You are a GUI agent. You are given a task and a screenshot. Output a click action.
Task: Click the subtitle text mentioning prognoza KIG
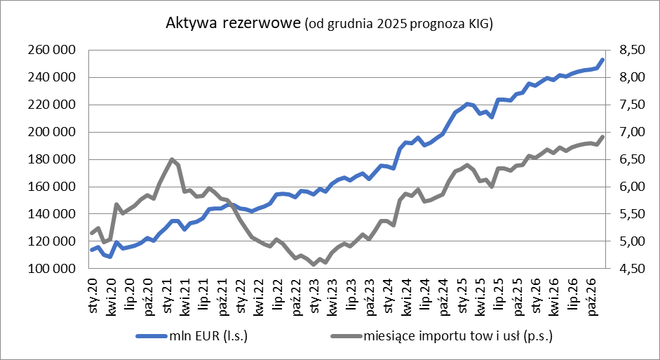click(398, 25)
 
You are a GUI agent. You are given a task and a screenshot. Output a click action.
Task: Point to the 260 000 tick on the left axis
click(53, 51)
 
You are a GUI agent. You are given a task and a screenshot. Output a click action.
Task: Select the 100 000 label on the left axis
click(53, 269)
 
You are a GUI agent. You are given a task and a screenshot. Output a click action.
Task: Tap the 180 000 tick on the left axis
click(53, 159)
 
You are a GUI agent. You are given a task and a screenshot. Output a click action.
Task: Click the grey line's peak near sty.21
click(172, 159)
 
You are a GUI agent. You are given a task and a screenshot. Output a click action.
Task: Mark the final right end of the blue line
click(602, 60)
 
